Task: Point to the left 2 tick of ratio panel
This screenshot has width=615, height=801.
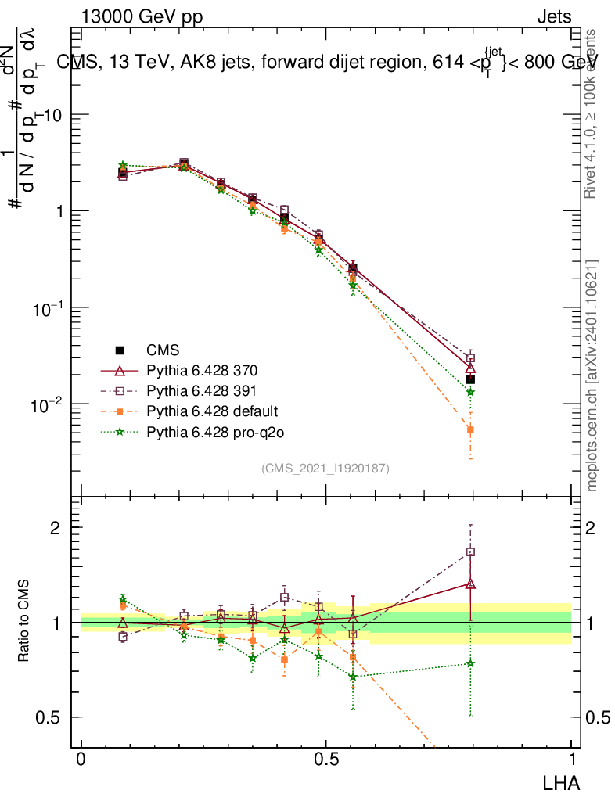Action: coord(56,527)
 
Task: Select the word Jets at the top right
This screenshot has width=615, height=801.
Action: coord(554,16)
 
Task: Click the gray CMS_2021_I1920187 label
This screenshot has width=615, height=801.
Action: coord(325,468)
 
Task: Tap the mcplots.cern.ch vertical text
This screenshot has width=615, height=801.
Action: coord(592,375)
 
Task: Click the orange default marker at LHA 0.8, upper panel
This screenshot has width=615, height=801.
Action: coord(470,429)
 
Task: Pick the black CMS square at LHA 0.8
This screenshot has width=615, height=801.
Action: coord(470,379)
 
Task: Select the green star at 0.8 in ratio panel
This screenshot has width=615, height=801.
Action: coord(470,663)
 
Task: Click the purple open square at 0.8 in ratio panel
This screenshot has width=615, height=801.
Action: coord(470,551)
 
